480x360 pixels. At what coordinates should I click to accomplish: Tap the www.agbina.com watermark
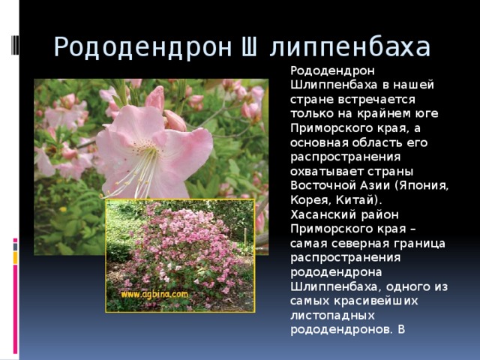(x=155, y=294)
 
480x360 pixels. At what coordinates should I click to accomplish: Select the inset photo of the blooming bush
(x=180, y=255)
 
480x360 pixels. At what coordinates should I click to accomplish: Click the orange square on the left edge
(x=15, y=258)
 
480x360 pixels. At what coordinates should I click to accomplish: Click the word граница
(x=417, y=244)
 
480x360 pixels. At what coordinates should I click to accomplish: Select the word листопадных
(x=326, y=315)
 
